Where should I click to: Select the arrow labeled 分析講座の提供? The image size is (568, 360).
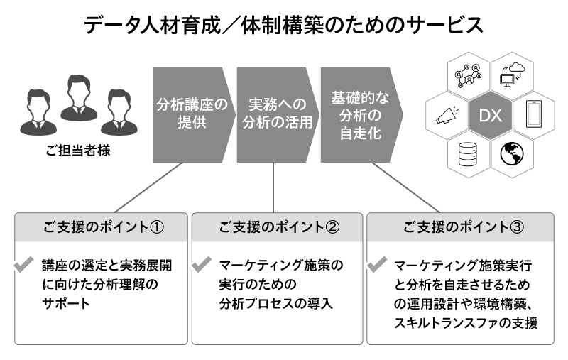(x=192, y=114)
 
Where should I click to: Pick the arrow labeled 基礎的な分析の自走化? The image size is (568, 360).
(x=359, y=114)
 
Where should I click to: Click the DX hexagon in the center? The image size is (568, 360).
(x=491, y=114)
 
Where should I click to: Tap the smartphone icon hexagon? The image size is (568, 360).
(x=533, y=114)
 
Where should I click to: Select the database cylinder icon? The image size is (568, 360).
(x=469, y=153)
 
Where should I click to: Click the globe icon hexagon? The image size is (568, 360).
(x=512, y=153)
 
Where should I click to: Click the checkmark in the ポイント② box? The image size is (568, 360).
(x=201, y=266)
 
